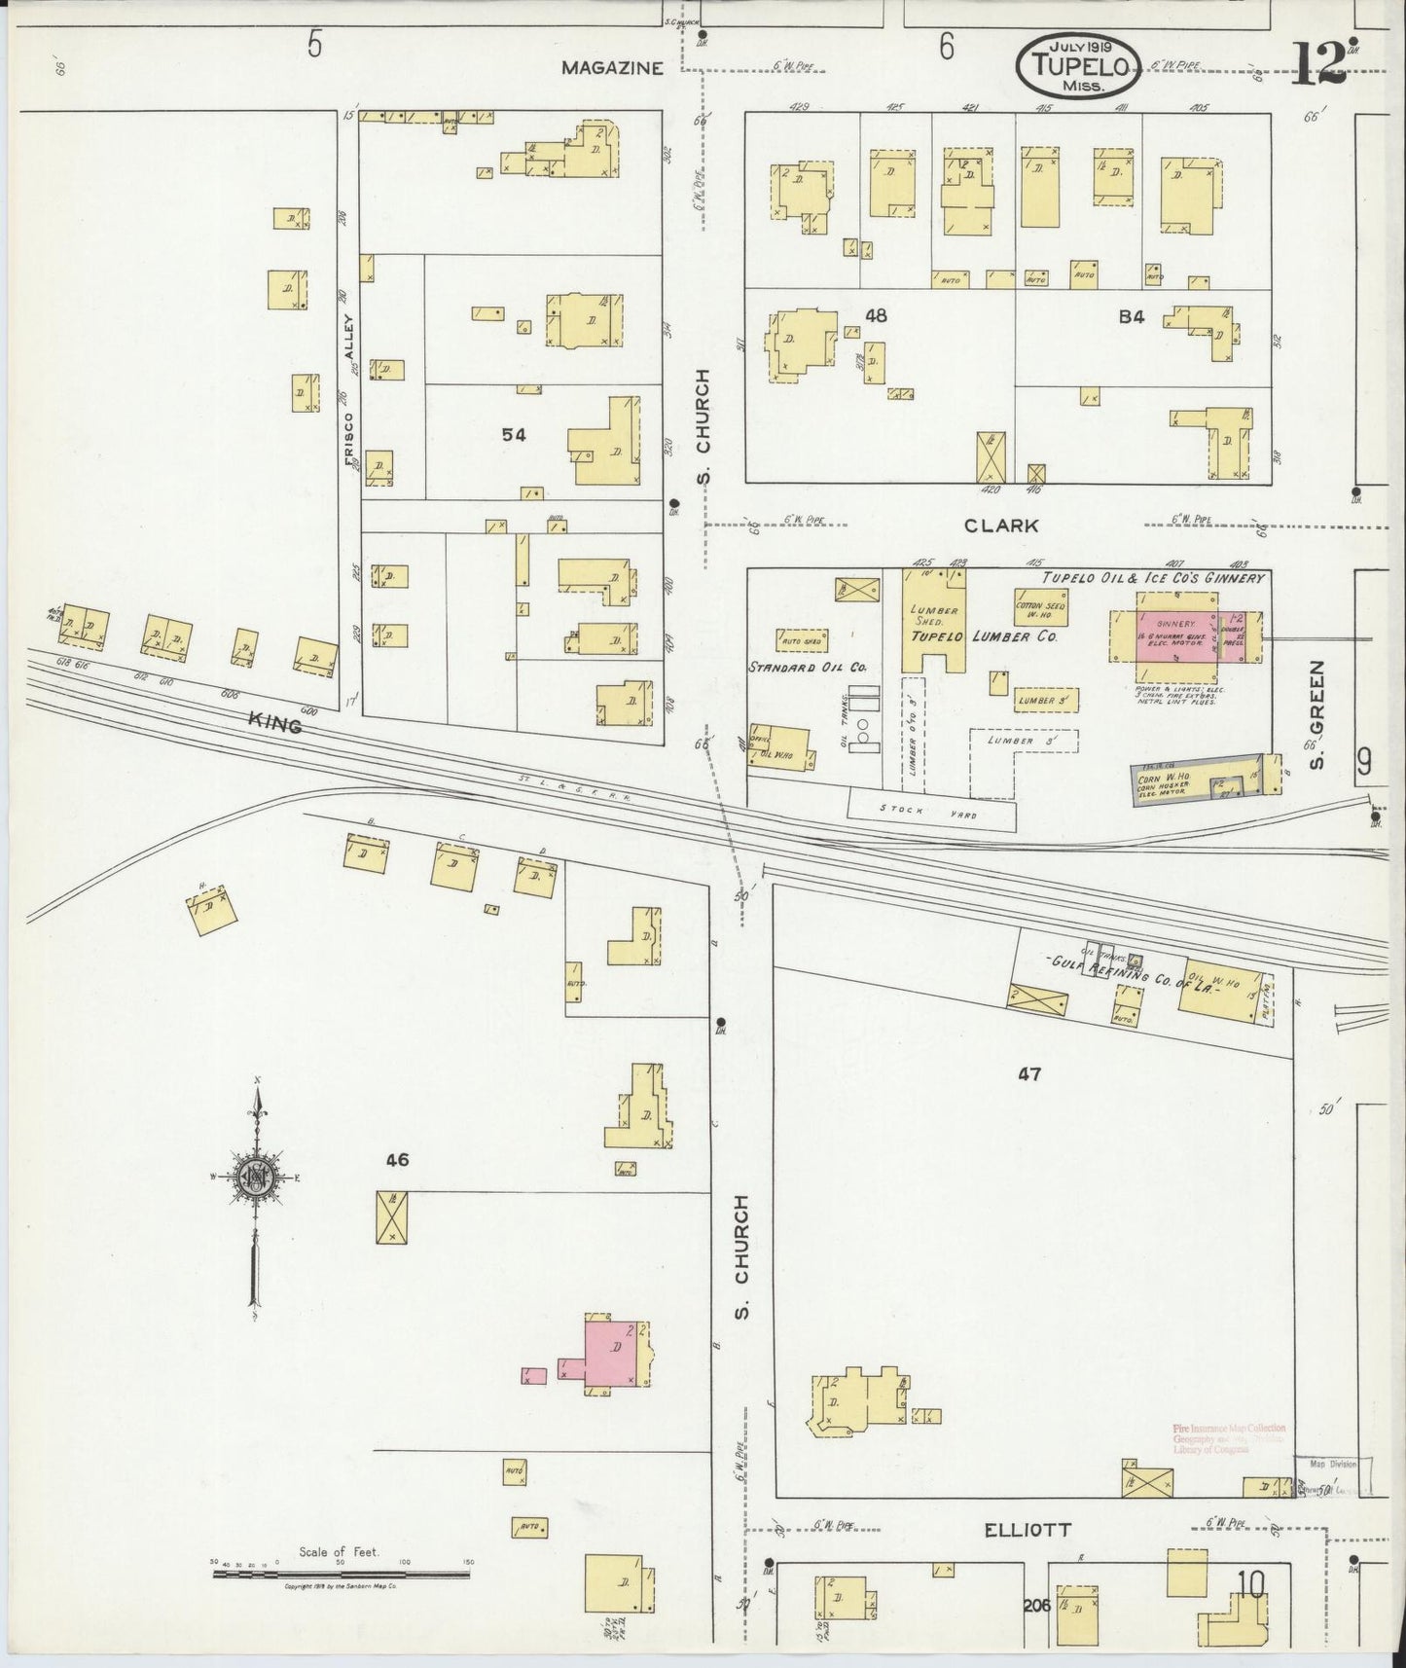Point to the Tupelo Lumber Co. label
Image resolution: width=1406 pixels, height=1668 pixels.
tap(984, 636)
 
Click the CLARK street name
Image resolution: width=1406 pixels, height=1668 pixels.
tap(1001, 526)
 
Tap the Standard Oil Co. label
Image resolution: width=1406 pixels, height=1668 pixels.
tap(808, 668)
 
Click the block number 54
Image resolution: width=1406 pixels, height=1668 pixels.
tap(514, 435)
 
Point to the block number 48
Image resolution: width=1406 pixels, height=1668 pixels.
tap(876, 315)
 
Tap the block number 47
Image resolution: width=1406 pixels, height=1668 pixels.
tap(1030, 1074)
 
